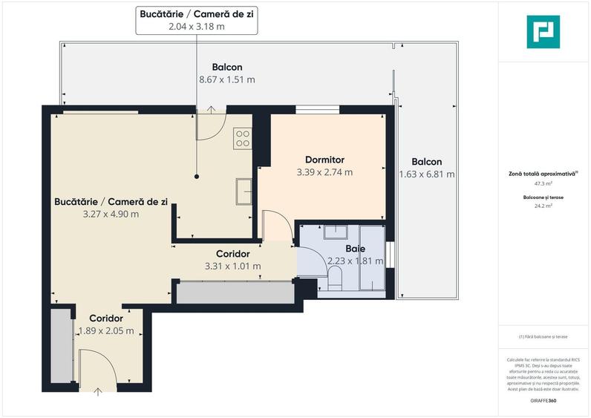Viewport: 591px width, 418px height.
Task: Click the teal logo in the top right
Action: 543,32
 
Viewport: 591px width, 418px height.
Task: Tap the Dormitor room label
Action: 324,160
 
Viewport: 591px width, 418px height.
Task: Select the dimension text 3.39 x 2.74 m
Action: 324,172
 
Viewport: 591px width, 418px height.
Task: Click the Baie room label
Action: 355,249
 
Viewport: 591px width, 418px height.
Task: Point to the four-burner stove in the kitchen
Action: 242,137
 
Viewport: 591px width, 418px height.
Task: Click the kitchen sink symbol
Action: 244,191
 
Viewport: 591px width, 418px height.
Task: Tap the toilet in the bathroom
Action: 335,279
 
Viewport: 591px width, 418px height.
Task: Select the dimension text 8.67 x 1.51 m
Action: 227,79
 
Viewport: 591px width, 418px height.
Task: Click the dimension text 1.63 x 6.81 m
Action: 426,174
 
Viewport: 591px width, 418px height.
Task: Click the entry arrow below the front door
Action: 99,391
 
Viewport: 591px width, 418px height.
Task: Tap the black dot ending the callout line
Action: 197,177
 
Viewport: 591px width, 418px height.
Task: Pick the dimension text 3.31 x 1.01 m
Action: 232,266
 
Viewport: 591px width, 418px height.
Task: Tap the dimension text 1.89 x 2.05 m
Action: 106,331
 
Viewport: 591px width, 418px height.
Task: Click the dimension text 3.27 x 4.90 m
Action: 111,214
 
